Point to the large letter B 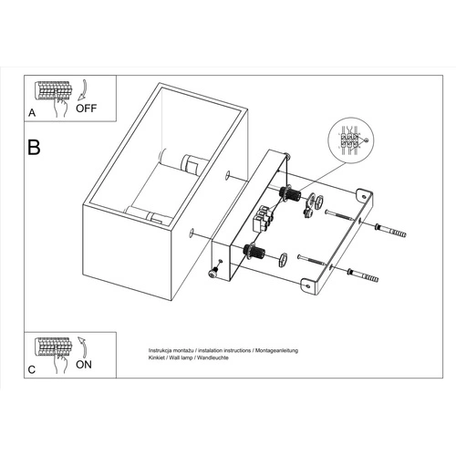click(35, 147)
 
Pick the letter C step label click(32, 369)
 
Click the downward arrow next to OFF click(79, 89)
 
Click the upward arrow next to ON click(79, 347)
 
